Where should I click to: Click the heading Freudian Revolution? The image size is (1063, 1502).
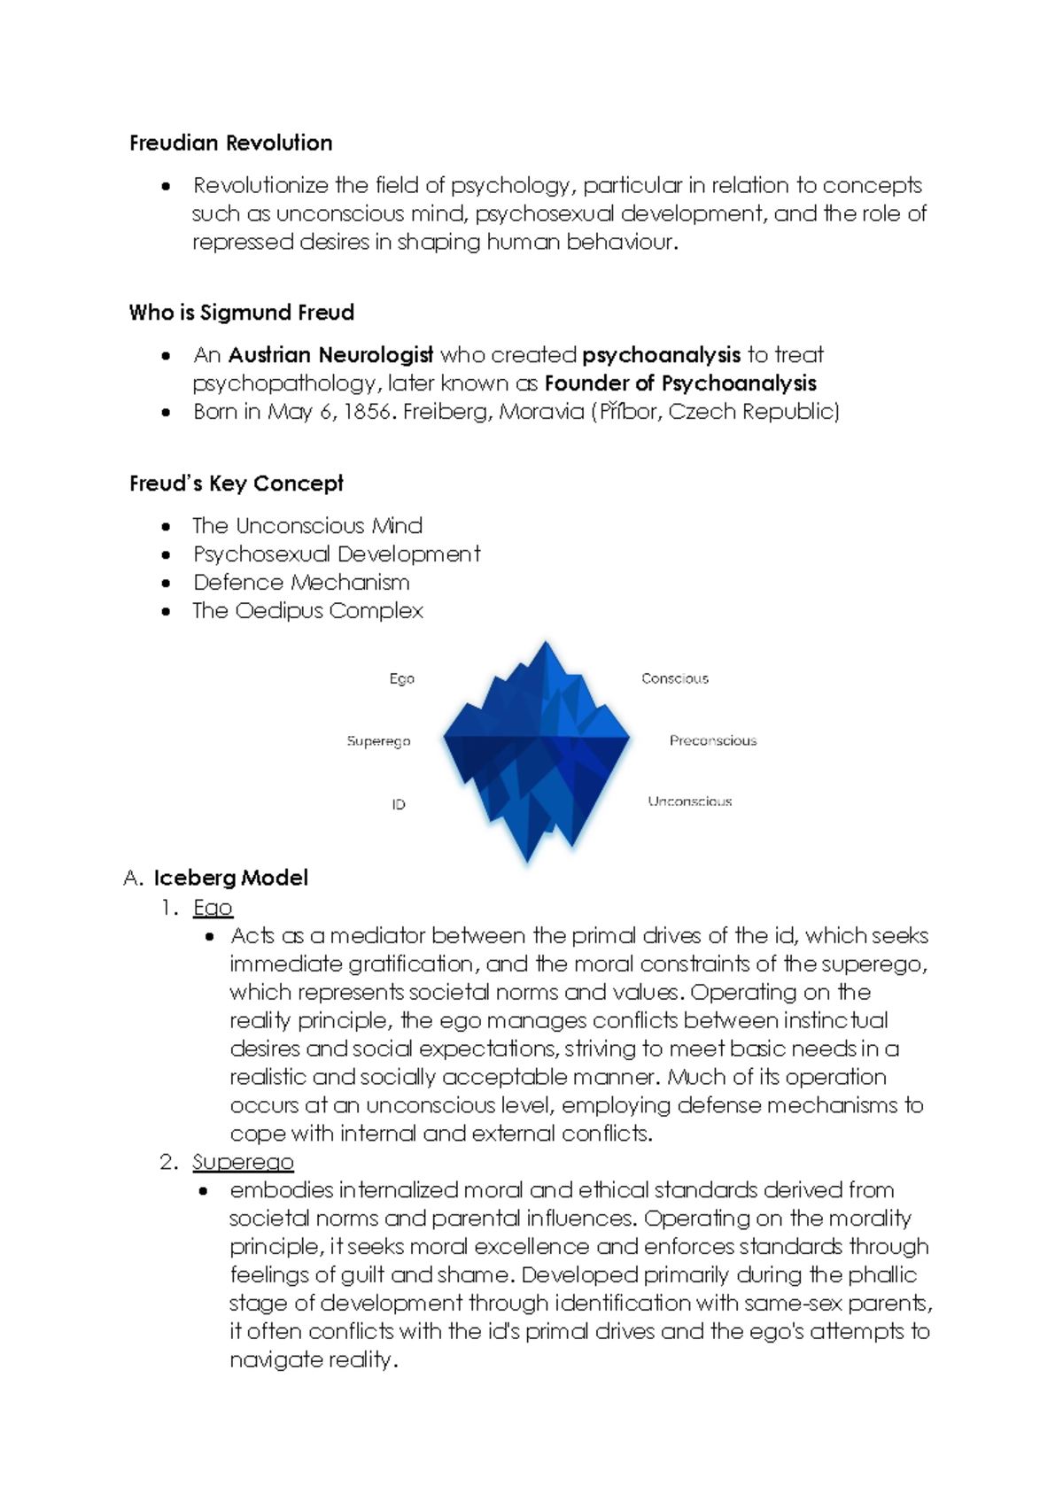click(x=230, y=143)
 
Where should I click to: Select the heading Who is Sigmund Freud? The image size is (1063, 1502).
click(x=241, y=313)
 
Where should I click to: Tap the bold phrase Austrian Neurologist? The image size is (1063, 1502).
click(x=330, y=355)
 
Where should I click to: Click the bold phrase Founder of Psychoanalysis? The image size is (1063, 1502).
click(x=680, y=383)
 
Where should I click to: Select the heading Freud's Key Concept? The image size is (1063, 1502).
click(x=236, y=484)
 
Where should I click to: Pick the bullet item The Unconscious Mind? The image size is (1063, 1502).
click(x=306, y=526)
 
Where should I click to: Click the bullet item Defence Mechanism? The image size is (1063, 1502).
click(x=301, y=583)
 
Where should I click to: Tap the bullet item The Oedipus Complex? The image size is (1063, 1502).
click(x=307, y=611)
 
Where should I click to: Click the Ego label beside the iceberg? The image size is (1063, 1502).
click(x=401, y=678)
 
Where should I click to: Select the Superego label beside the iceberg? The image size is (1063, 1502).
click(x=378, y=741)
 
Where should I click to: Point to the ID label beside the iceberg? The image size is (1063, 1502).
click(x=399, y=804)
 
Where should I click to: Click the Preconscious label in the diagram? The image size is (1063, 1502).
click(x=713, y=740)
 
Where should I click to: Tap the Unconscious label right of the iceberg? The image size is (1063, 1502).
click(x=690, y=801)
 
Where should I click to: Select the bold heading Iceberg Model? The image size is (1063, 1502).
click(x=230, y=879)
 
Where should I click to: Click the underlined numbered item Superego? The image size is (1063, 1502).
click(x=243, y=1162)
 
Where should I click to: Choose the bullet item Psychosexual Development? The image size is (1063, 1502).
click(x=337, y=554)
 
